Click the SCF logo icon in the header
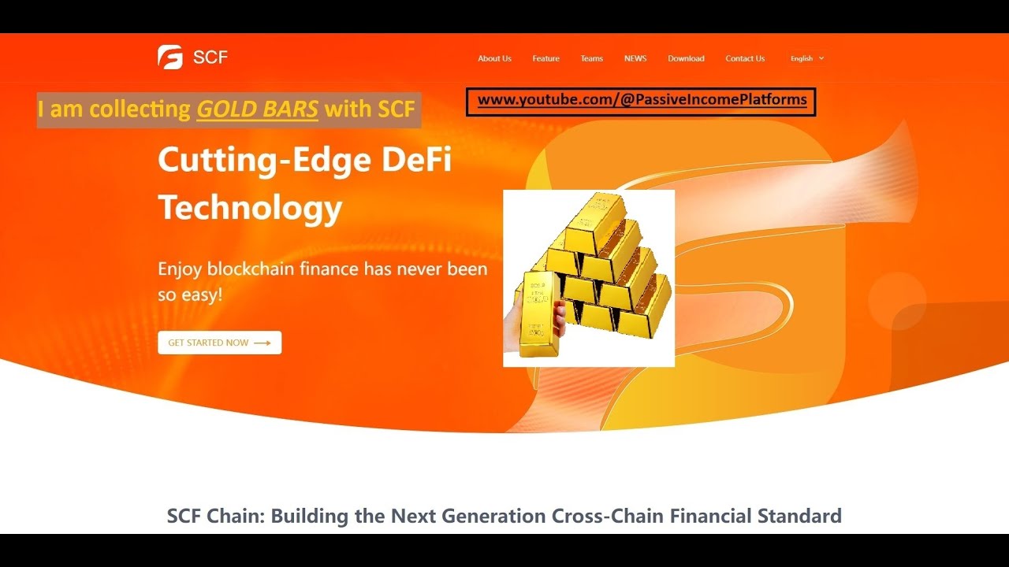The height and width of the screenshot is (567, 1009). [x=170, y=57]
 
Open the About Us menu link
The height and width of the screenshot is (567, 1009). [x=494, y=58]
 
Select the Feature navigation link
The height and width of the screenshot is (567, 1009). [x=545, y=58]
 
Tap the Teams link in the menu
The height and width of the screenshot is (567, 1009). [x=591, y=58]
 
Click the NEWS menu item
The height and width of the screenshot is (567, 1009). [x=635, y=58]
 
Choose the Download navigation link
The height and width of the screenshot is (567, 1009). [x=686, y=58]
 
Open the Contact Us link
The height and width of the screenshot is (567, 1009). [x=745, y=58]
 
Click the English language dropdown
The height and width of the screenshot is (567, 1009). [x=806, y=58]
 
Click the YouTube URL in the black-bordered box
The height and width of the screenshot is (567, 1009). [x=642, y=100]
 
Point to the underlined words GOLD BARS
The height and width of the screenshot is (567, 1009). [x=257, y=109]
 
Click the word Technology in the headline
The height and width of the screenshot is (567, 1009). [x=250, y=209]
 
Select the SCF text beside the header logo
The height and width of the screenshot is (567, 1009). [x=210, y=57]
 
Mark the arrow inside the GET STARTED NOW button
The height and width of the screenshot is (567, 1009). [x=262, y=343]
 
